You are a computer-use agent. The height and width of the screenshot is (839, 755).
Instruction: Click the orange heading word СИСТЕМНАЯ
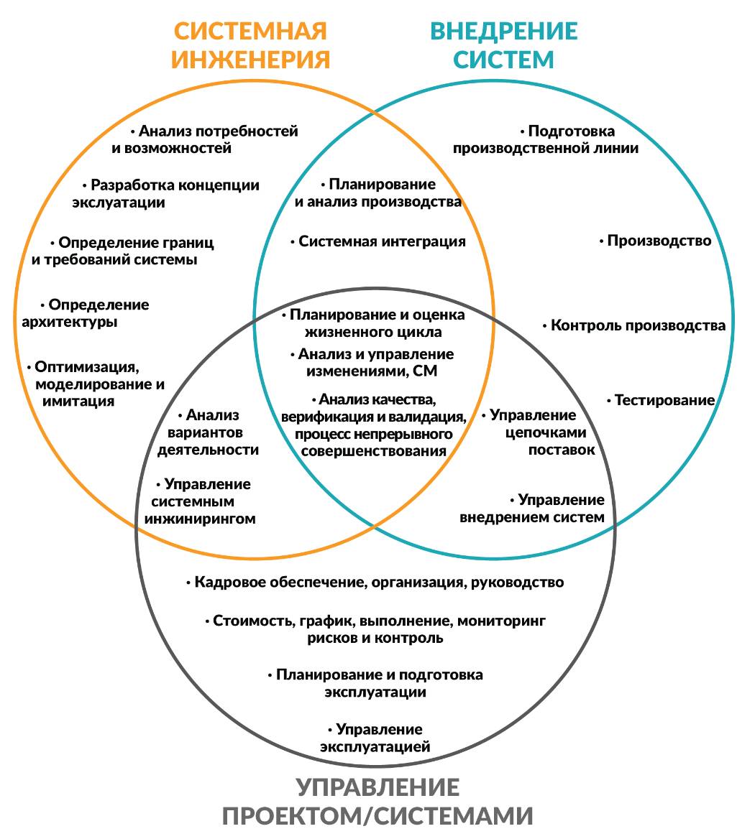point(250,32)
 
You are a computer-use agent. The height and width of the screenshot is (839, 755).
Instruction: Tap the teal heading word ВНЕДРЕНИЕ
point(503,32)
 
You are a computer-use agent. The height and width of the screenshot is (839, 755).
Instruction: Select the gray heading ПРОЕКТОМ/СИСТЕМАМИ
point(377,816)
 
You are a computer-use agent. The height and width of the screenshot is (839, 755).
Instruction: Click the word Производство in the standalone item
point(659,241)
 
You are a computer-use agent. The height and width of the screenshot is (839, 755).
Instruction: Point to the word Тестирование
point(664,400)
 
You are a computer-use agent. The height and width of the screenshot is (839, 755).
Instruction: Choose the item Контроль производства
point(638,325)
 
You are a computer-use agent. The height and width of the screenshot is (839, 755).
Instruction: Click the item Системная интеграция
point(382,241)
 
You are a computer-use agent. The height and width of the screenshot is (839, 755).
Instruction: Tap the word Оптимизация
point(86,366)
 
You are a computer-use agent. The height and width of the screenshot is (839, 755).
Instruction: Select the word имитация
point(78,401)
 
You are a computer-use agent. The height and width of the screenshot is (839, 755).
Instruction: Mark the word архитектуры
point(70,322)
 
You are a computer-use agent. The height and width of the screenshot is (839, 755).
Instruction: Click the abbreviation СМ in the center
point(425,371)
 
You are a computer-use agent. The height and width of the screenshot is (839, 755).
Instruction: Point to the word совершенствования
point(373,451)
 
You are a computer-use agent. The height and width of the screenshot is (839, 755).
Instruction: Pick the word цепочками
point(546,432)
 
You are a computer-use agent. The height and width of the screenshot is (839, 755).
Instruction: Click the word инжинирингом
point(200,519)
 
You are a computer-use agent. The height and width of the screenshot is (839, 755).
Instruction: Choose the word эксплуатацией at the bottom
point(375,747)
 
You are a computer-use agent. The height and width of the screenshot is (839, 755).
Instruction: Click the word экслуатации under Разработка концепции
point(118,203)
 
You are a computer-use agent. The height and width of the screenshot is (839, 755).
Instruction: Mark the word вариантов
point(205,432)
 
